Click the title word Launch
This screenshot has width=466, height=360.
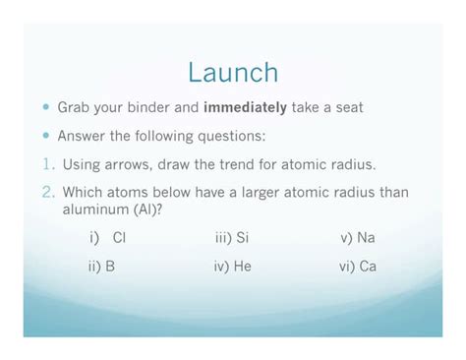233,73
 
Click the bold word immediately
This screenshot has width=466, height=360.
246,107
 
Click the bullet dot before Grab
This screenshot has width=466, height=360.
46,107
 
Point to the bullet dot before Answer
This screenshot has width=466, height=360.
46,136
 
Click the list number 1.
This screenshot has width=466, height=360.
48,164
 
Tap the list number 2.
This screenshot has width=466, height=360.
48,193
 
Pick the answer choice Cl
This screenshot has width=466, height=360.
119,238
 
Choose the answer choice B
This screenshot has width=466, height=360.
111,267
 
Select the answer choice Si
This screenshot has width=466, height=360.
242,238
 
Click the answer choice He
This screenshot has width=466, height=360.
242,267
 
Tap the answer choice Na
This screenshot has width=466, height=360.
366,238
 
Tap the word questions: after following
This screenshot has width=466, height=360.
229,136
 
